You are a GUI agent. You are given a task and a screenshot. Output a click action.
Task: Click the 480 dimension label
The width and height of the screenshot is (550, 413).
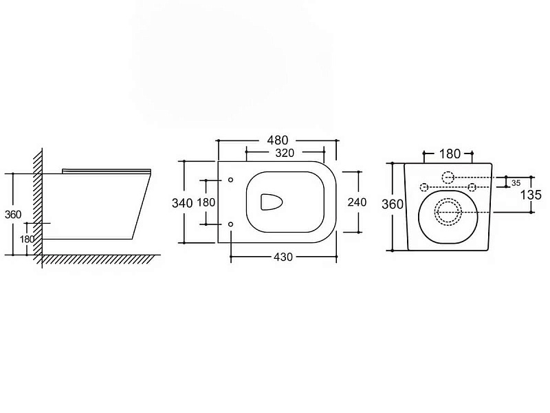(278, 140)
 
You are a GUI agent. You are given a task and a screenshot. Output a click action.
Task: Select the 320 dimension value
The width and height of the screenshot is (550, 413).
(285, 153)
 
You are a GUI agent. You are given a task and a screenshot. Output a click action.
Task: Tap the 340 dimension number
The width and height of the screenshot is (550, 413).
(182, 203)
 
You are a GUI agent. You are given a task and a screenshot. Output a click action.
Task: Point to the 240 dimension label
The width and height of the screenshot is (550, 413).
(357, 202)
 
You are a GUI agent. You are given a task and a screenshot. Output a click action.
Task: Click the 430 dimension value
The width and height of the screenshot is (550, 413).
(283, 257)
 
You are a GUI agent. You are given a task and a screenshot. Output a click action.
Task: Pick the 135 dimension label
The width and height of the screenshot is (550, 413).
(531, 195)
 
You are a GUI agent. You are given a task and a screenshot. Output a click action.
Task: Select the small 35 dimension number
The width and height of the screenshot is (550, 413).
(516, 183)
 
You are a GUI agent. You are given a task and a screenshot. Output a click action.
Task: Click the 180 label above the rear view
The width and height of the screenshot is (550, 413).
(450, 153)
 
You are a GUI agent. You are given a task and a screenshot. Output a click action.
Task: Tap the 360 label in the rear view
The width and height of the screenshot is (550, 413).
(393, 204)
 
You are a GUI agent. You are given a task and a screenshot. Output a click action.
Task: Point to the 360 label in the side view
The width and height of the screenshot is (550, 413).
(13, 214)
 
